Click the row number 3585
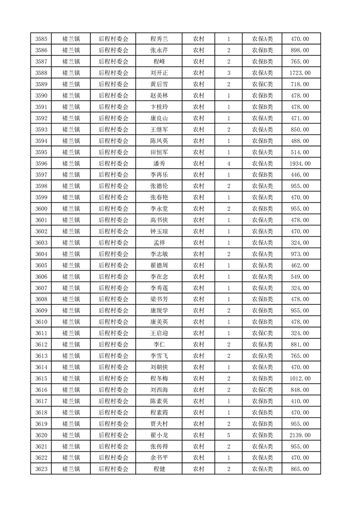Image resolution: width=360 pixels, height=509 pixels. click(x=42, y=39)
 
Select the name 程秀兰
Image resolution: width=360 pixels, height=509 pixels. click(x=159, y=39)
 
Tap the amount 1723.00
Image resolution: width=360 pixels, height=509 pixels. click(x=301, y=73)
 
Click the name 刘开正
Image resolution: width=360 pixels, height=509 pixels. click(x=159, y=73)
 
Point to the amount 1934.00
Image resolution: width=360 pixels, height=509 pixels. click(x=301, y=163)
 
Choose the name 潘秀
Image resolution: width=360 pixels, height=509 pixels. click(x=159, y=163)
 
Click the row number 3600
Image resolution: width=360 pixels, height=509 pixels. click(x=42, y=209)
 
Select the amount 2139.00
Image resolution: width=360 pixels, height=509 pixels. click(x=301, y=435)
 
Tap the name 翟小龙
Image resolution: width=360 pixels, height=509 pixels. click(x=159, y=435)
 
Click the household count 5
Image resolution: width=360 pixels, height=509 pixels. click(x=228, y=435)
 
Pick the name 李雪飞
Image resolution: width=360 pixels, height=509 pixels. click(x=159, y=356)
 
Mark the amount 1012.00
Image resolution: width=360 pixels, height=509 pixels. click(x=301, y=378)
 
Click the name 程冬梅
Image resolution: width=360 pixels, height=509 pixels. click(x=159, y=378)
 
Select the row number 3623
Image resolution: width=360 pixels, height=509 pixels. click(x=42, y=469)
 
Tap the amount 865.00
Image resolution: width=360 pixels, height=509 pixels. click(x=301, y=469)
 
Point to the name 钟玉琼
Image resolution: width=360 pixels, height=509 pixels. click(x=159, y=231)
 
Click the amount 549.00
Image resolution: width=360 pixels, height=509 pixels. click(x=301, y=277)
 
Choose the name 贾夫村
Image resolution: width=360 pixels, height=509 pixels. click(x=159, y=424)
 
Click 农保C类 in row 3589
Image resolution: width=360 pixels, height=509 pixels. click(x=262, y=84)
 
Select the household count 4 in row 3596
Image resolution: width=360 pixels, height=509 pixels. click(x=228, y=163)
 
